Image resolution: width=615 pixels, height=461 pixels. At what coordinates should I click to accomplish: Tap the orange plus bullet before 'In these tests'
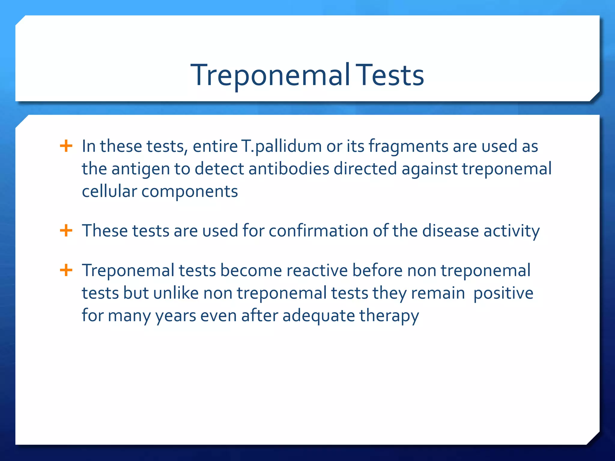(66, 146)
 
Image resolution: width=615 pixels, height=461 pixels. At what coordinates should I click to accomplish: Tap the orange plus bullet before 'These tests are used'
(66, 231)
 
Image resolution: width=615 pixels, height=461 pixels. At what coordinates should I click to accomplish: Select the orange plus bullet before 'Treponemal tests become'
(66, 270)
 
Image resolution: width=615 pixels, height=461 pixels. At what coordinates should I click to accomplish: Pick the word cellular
(109, 191)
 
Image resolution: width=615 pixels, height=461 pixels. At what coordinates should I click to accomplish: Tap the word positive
(503, 294)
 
